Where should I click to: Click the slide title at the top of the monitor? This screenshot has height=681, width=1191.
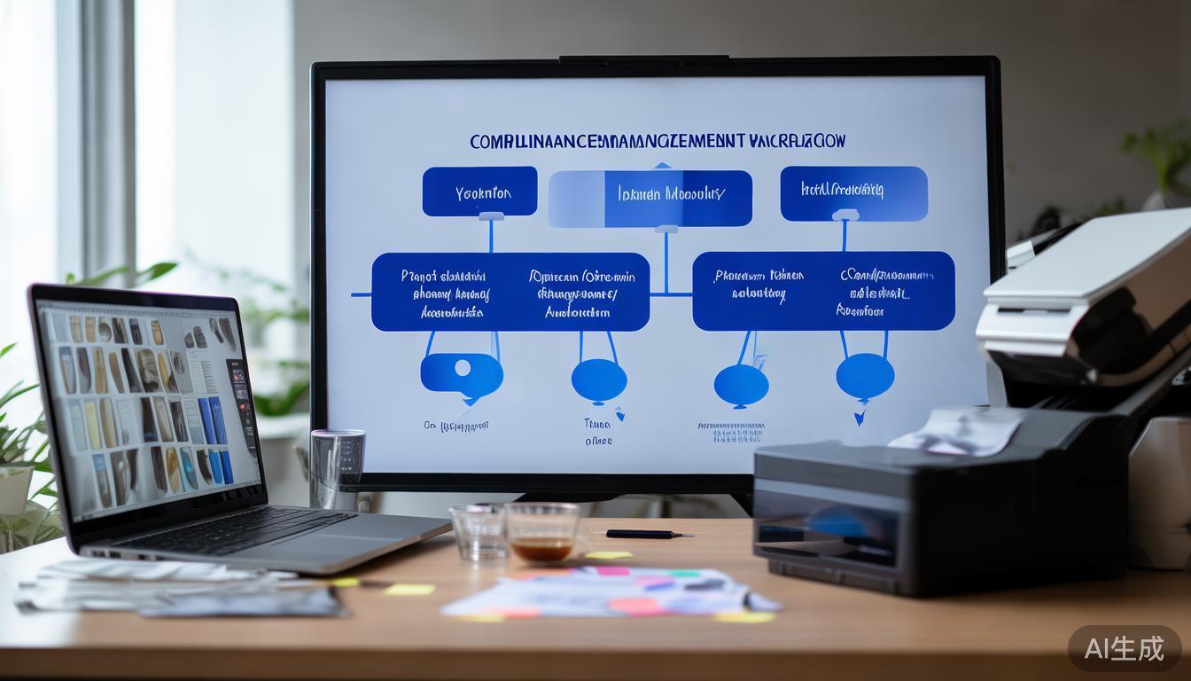657,141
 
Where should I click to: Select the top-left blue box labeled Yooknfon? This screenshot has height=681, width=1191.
479,192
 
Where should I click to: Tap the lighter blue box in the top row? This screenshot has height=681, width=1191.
650,198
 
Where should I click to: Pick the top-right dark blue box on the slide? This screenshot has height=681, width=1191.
853,193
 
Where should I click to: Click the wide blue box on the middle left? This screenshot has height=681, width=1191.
510,292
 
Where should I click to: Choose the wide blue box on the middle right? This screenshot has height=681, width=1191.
823,291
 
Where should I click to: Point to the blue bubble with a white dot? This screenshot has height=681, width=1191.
462,372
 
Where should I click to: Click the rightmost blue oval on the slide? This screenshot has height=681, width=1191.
865,375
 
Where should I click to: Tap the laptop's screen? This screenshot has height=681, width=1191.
147,407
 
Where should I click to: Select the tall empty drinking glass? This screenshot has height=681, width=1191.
338,467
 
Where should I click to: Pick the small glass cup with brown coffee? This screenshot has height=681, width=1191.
541,532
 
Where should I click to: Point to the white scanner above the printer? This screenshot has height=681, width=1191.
1090,293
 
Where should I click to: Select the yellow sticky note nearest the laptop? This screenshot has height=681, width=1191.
409,589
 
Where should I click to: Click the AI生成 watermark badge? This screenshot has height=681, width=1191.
1125,648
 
